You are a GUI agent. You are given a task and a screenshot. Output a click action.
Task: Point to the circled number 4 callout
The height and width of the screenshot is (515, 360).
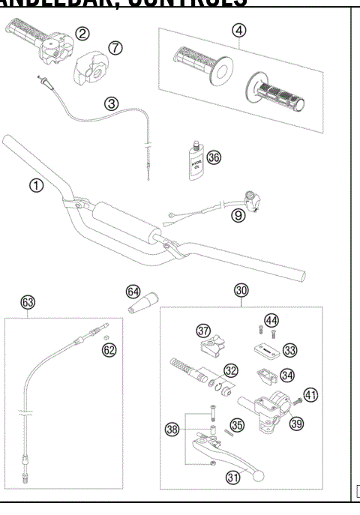click(x=238, y=31)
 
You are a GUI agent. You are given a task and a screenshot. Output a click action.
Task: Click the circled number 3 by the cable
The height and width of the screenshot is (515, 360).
click(x=111, y=103)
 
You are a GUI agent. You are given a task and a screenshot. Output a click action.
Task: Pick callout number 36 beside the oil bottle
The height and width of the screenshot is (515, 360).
click(x=214, y=157)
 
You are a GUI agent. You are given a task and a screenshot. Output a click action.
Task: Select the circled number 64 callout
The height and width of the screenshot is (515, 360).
click(x=133, y=290)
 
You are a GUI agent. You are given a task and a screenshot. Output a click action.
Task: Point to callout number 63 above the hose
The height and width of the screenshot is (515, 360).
click(x=28, y=302)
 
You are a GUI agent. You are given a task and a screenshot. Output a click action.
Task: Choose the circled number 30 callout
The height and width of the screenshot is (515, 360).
click(x=241, y=291)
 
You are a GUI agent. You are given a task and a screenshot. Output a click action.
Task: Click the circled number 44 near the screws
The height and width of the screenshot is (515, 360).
click(x=271, y=320)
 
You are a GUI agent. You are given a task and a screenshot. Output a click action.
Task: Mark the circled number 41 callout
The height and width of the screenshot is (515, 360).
click(x=310, y=394)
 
